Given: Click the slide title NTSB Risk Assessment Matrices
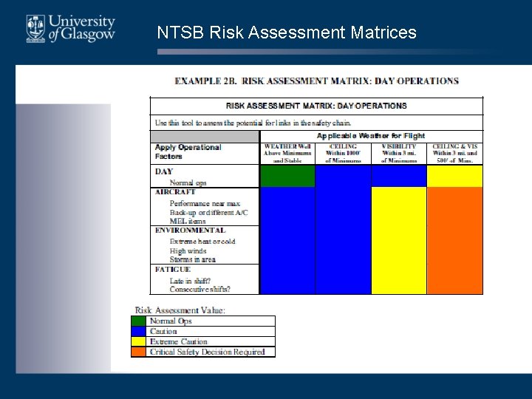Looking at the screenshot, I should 287,33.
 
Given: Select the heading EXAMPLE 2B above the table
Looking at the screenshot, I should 316,81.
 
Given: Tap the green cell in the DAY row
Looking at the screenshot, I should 287,176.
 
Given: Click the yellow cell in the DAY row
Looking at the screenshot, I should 454,176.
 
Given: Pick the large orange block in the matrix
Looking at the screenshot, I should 454,240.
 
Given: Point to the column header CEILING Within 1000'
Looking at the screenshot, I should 343,153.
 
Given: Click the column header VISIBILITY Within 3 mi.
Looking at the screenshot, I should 398,153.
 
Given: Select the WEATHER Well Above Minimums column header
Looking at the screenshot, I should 287,153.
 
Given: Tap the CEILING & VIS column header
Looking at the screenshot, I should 454,153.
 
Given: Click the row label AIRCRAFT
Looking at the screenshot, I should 175,192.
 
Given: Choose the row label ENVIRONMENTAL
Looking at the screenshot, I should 190,231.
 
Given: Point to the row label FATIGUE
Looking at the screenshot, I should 173,270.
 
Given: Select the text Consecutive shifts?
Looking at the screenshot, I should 199,289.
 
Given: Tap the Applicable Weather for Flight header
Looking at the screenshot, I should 371,136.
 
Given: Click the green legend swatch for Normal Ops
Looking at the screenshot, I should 139,321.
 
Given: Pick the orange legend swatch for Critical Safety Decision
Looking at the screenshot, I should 139,352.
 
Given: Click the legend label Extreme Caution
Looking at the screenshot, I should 178,342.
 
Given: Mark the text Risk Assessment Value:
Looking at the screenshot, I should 180,310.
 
